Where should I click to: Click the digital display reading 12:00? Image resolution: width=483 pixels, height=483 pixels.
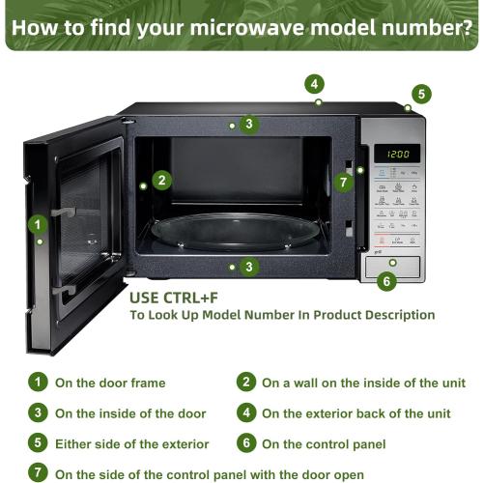397,154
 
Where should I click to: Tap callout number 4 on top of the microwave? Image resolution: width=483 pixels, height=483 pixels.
316,83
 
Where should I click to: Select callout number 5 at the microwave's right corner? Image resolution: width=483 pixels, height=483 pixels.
421,94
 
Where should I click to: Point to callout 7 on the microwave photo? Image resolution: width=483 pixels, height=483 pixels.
344,181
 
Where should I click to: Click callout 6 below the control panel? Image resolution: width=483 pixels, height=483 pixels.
386,281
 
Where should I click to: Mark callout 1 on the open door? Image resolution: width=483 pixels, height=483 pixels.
38,224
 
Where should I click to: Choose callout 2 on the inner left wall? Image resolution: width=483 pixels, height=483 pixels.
161,179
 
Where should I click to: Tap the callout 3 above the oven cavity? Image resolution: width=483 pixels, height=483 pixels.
248,124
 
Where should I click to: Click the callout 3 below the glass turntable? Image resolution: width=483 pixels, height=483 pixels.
248,267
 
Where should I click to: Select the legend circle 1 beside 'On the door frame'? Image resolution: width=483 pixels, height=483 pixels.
36,383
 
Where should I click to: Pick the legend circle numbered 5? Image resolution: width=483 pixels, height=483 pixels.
36,443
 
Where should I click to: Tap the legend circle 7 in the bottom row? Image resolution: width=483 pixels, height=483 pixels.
36,473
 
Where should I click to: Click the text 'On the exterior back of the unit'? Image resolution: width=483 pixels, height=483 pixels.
355,413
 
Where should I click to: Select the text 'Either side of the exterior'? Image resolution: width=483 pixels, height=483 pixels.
131,443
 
